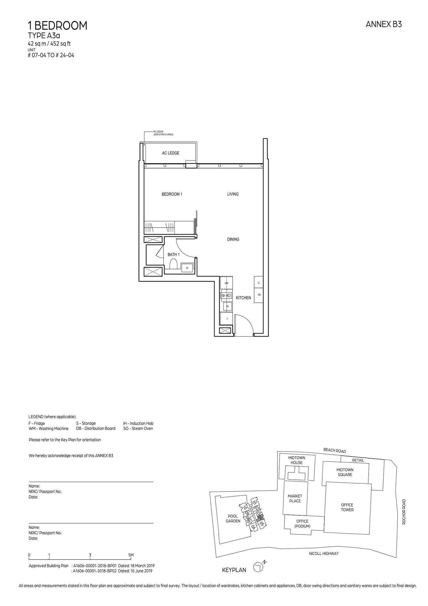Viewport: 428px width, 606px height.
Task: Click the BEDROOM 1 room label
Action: [x=172, y=194]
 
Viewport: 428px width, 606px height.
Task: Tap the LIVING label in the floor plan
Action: [x=233, y=194]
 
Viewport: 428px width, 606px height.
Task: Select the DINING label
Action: [x=233, y=239]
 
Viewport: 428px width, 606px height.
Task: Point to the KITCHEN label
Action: [x=243, y=298]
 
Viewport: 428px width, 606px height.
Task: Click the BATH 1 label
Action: [x=173, y=254]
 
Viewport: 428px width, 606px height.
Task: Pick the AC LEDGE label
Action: [x=170, y=153]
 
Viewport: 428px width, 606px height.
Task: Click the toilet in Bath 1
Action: [x=174, y=265]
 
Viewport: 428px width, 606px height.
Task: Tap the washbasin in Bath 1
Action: [x=187, y=268]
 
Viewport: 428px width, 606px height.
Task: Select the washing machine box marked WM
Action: [x=226, y=283]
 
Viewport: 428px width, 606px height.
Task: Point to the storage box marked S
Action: [x=258, y=283]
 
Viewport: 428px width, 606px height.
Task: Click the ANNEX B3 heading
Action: [x=384, y=24]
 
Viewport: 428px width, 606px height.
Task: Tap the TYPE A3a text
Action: [x=44, y=36]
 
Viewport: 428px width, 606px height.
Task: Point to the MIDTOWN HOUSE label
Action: [x=296, y=468]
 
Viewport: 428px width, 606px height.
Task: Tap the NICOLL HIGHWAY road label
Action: [x=324, y=553]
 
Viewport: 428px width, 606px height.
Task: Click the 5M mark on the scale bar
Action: [x=131, y=555]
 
